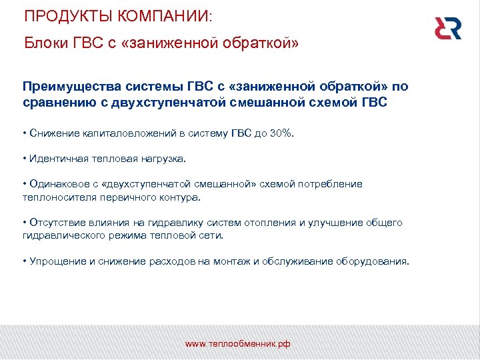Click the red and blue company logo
[447, 27]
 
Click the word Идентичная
[58, 159]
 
